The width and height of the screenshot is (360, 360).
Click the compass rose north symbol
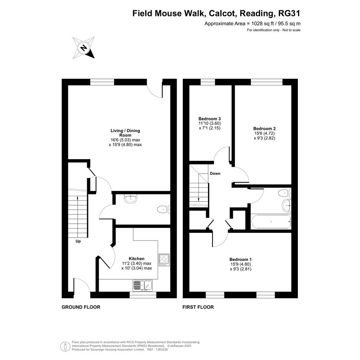click(x=83, y=48)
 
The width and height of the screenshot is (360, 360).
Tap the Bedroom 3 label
click(x=210, y=119)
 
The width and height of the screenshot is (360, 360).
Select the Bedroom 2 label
click(x=264, y=129)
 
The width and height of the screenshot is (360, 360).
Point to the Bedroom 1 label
click(x=240, y=259)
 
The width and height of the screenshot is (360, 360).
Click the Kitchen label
click(x=137, y=259)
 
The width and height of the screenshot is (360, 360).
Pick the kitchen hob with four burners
click(x=164, y=260)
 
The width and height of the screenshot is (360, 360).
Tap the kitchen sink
click(x=142, y=286)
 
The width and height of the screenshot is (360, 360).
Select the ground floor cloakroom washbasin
click(x=131, y=199)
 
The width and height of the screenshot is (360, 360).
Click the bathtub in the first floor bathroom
click(x=271, y=222)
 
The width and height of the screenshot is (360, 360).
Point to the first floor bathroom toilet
click(x=285, y=193)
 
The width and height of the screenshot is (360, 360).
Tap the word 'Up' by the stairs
click(x=78, y=241)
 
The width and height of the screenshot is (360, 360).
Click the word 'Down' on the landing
click(x=215, y=174)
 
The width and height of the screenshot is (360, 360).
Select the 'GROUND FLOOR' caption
click(x=81, y=307)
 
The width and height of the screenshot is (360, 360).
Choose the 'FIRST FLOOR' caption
click(x=198, y=307)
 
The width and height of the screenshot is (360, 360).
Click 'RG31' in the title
click(x=289, y=13)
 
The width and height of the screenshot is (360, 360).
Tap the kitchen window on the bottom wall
click(x=143, y=295)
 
